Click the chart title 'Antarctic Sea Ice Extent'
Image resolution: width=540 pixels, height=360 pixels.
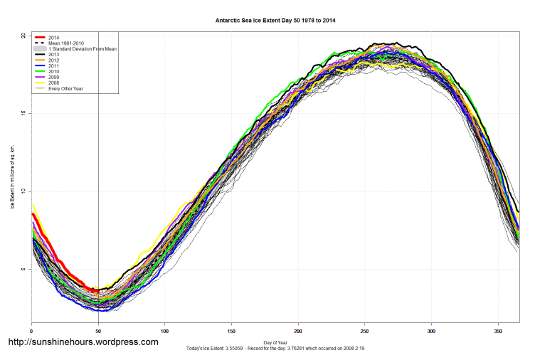(x=275, y=21)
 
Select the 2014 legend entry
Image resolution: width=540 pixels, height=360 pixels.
(x=53, y=37)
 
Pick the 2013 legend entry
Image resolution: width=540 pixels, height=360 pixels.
(x=53, y=56)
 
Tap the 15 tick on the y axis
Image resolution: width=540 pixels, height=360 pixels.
(x=23, y=113)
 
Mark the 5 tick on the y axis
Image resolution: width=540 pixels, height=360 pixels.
(x=23, y=269)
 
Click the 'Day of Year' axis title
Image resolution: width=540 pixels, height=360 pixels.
(x=275, y=342)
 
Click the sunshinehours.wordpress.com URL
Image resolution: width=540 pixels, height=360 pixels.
(x=83, y=342)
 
